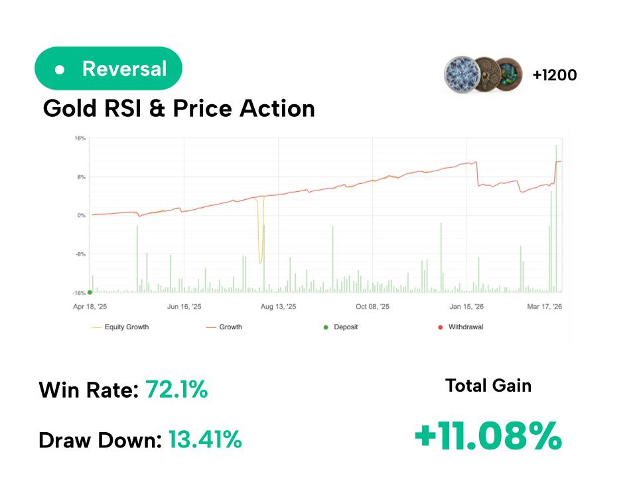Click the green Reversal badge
(x=108, y=68)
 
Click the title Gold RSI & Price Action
(x=178, y=108)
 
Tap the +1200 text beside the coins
(x=555, y=75)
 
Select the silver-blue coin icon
(x=462, y=74)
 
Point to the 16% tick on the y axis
(x=80, y=139)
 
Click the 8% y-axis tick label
(x=81, y=177)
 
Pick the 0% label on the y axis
(x=81, y=216)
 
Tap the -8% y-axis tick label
(x=80, y=254)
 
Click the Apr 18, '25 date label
(x=90, y=307)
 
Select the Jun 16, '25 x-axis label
(x=184, y=307)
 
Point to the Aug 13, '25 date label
(x=279, y=307)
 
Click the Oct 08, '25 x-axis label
(x=373, y=307)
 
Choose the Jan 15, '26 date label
(x=466, y=307)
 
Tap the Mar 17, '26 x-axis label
(x=545, y=307)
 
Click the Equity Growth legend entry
(x=126, y=327)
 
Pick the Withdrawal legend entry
(x=465, y=327)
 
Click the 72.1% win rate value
(x=177, y=390)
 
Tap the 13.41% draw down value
(x=205, y=439)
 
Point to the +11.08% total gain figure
(x=488, y=437)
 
